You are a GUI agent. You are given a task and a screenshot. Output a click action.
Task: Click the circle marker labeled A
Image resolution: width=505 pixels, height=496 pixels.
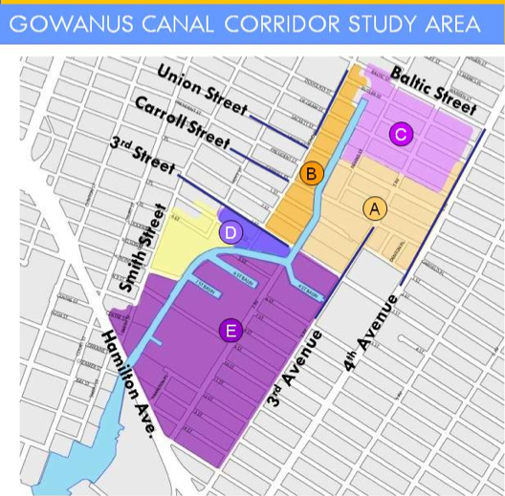[375, 208]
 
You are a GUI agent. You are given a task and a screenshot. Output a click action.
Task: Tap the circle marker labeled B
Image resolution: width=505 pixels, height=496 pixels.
[311, 173]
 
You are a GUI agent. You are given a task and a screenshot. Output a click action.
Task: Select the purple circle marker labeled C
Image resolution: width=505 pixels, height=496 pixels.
[401, 135]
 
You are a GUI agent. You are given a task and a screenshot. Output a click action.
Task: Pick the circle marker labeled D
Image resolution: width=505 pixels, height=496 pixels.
[231, 231]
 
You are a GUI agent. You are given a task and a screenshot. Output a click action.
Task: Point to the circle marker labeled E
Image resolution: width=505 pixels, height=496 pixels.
[229, 331]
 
